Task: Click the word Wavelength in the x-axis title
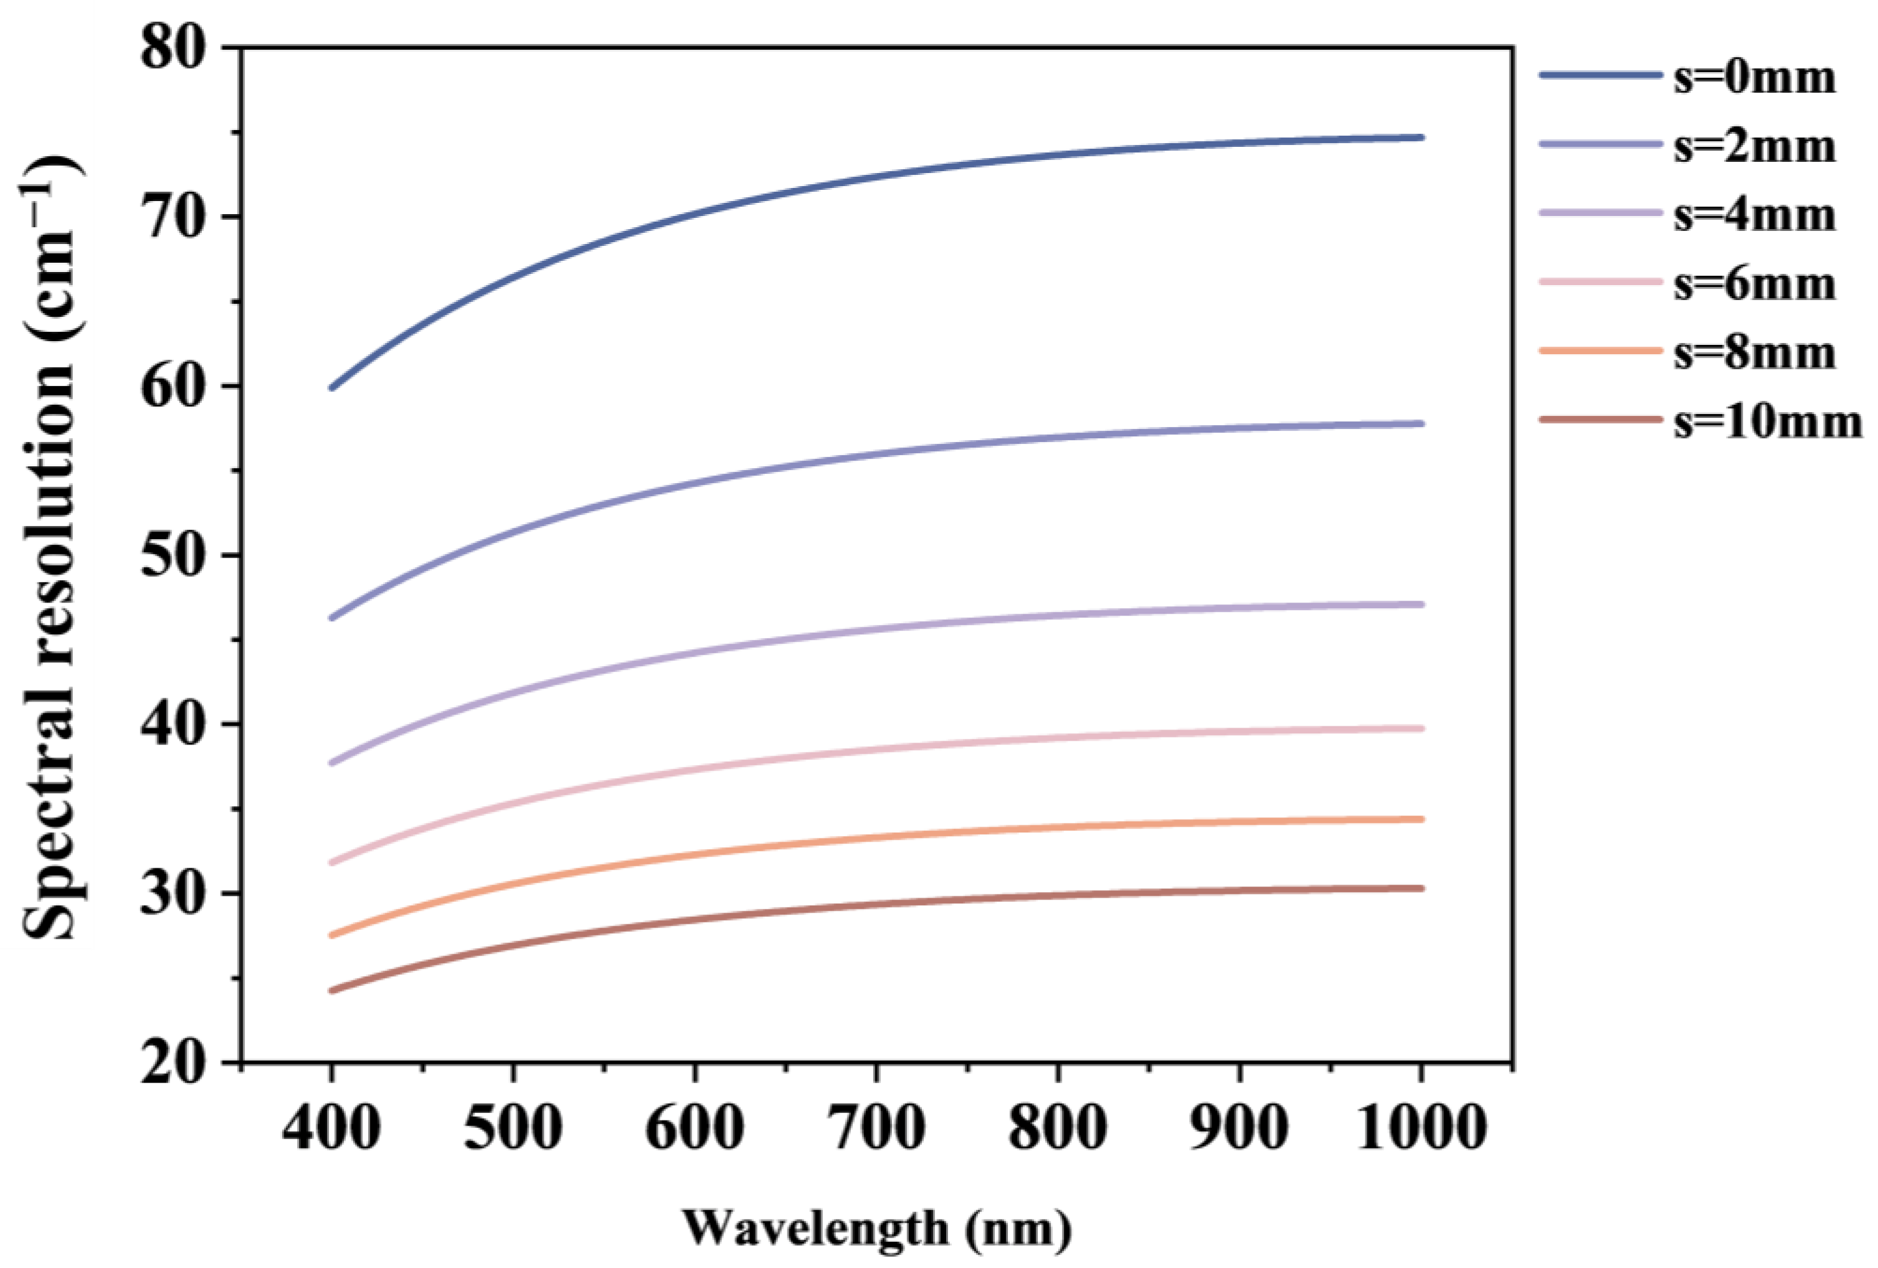816,1228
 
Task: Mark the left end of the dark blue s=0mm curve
332,388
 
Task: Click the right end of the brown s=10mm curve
1421,888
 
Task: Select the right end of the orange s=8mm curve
1421,819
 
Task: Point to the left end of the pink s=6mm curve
332,863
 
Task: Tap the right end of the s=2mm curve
1421,423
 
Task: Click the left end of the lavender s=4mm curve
332,763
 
